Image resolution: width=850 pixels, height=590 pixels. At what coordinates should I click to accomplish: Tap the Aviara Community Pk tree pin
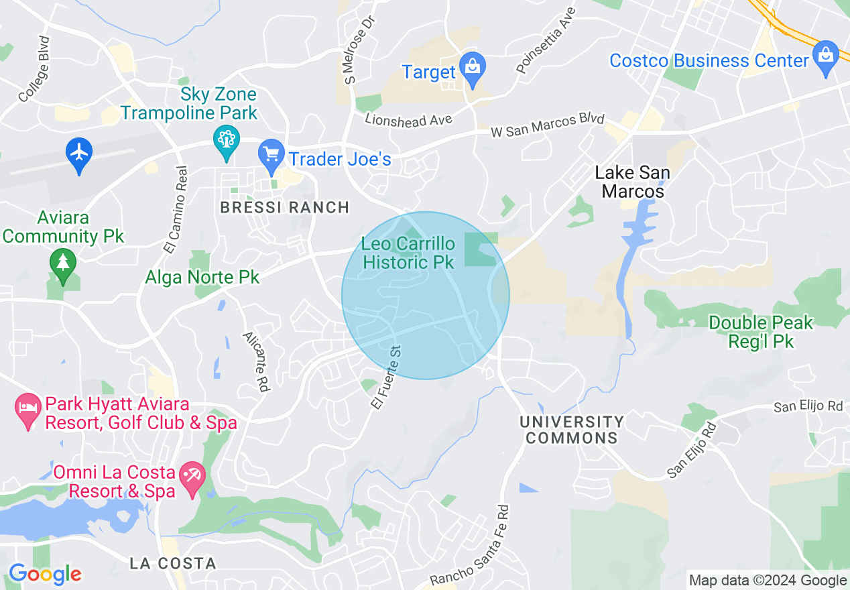pos(63,264)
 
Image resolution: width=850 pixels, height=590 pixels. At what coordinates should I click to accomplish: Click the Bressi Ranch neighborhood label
pos(285,208)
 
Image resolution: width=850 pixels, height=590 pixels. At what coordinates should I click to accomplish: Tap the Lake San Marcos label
pos(633,182)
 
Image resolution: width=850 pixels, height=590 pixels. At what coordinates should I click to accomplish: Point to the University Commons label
pos(572,430)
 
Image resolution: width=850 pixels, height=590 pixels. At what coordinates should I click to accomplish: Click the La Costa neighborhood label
pos(173,563)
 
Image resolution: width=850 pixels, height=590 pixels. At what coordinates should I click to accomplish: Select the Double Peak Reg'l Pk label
pos(761,332)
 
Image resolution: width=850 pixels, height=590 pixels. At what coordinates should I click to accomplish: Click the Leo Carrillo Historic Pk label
pos(408,253)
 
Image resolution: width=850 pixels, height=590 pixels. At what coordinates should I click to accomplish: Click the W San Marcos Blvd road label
pos(548,126)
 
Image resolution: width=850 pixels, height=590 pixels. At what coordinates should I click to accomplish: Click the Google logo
pos(46,574)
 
